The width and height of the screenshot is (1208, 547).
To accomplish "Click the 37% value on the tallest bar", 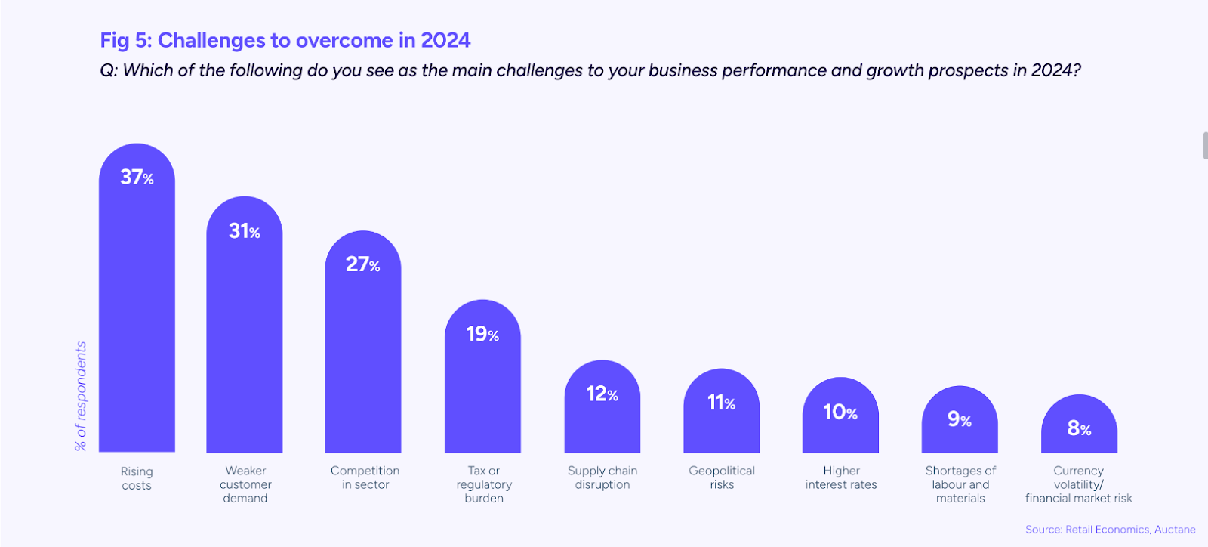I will [137, 178].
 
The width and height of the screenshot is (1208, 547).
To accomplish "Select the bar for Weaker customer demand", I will [245, 340].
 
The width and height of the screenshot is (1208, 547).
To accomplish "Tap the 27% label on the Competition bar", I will [362, 264].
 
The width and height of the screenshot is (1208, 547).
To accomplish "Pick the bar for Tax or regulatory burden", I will [482, 393].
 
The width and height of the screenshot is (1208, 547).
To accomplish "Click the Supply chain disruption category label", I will [602, 477].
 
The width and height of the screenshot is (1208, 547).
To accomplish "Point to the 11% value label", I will [721, 403].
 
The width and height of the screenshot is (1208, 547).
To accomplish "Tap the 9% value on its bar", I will [959, 419].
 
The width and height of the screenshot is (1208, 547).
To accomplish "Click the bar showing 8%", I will [1079, 438].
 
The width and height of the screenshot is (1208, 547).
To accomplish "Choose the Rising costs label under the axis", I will [137, 478].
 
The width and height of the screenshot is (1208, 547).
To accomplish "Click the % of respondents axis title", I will [81, 396].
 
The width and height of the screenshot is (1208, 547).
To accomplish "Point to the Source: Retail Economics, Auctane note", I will [1110, 530].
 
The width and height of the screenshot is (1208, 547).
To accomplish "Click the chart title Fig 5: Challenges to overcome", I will [285, 40].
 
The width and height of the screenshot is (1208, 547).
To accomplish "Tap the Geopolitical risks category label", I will [722, 477].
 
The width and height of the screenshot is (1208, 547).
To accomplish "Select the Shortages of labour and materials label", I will [960, 484].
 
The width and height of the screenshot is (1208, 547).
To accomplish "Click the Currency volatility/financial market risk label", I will [1078, 484].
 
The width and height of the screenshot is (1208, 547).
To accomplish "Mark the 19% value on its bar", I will [482, 334].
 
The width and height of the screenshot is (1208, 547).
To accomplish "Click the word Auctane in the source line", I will [1175, 530].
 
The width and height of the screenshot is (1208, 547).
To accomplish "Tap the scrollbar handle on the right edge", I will [1205, 145].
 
